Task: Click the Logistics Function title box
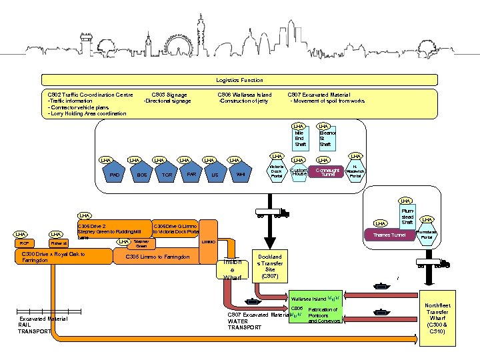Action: click(239, 80)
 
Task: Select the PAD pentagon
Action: click(115, 174)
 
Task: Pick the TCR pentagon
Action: click(167, 174)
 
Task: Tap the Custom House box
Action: click(299, 173)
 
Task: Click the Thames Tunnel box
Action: click(389, 235)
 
